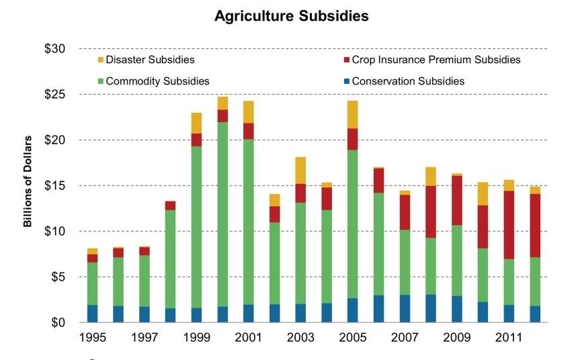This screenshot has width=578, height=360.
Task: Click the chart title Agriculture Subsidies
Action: coord(291,17)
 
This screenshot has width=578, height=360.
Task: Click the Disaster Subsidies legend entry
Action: coord(148,60)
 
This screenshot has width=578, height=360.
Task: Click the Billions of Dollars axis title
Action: coord(28,181)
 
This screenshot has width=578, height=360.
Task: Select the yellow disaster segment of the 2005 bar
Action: coord(352,114)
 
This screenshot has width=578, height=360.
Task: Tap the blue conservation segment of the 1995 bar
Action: coord(92,314)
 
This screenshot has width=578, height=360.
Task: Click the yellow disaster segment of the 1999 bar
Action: coord(196,123)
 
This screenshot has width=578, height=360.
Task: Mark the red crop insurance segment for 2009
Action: coord(457,200)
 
